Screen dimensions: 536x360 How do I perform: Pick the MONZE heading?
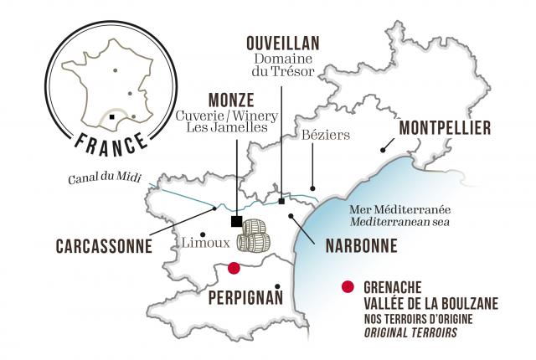(x=220, y=99)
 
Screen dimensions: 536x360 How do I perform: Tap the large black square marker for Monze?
(x=237, y=221)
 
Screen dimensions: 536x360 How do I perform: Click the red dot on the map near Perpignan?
(x=234, y=268)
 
